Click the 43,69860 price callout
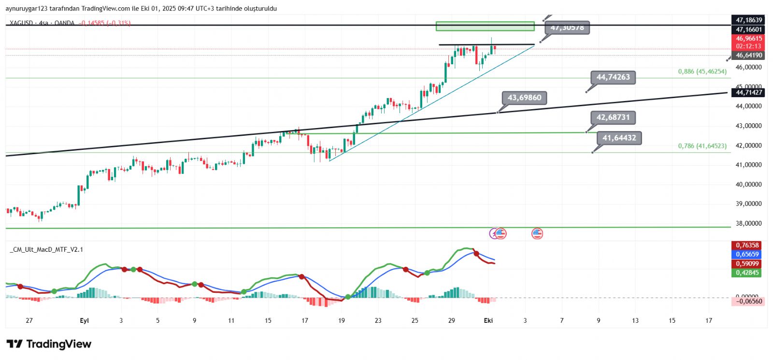[524, 98]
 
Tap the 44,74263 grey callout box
[613, 77]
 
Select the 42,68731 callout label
[613, 117]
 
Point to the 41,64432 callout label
[619, 138]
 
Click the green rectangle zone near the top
[485, 26]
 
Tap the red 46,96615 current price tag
[748, 39]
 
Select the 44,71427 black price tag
[748, 92]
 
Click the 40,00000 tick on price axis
[748, 184]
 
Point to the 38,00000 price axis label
[748, 223]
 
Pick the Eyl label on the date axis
[84, 320]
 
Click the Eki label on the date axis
[488, 320]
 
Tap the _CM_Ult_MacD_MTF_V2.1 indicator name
[47, 249]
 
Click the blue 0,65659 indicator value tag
[747, 254]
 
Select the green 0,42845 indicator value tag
[747, 273]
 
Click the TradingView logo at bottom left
[49, 344]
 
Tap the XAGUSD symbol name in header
[21, 23]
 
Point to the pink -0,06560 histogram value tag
[748, 301]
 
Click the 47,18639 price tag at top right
[748, 20]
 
